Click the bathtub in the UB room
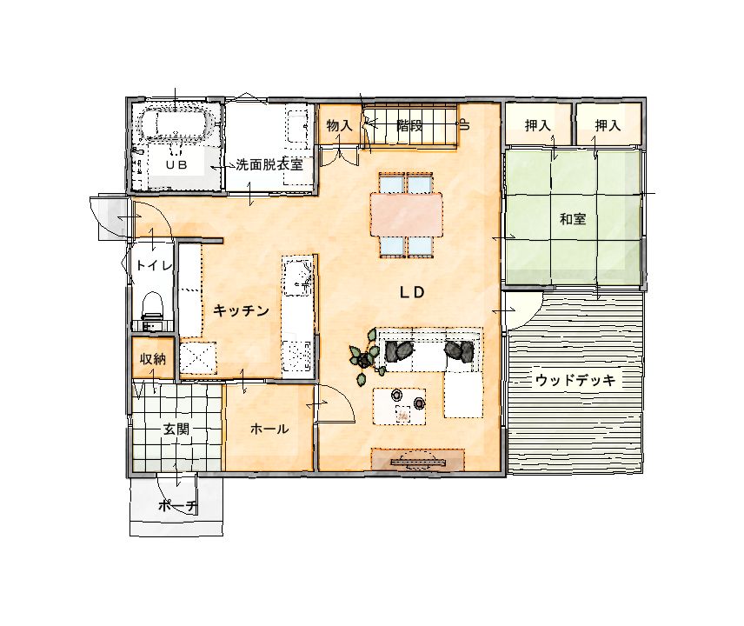click(x=175, y=124)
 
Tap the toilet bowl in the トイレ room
click(x=153, y=305)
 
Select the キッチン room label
click(x=241, y=310)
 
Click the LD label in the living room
click(x=411, y=292)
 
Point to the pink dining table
click(x=407, y=214)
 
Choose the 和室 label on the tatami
click(x=572, y=219)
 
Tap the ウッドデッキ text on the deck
click(x=575, y=380)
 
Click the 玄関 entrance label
click(x=176, y=430)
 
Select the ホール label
click(x=269, y=429)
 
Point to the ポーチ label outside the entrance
click(x=177, y=506)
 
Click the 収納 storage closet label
click(x=152, y=359)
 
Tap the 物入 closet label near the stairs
click(x=339, y=126)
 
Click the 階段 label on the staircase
click(x=409, y=126)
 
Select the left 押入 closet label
click(x=538, y=126)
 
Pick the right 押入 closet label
click(x=608, y=126)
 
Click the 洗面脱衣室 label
click(x=269, y=164)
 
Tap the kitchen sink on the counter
click(x=297, y=276)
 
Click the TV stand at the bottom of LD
click(x=417, y=459)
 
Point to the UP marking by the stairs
click(x=464, y=124)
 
